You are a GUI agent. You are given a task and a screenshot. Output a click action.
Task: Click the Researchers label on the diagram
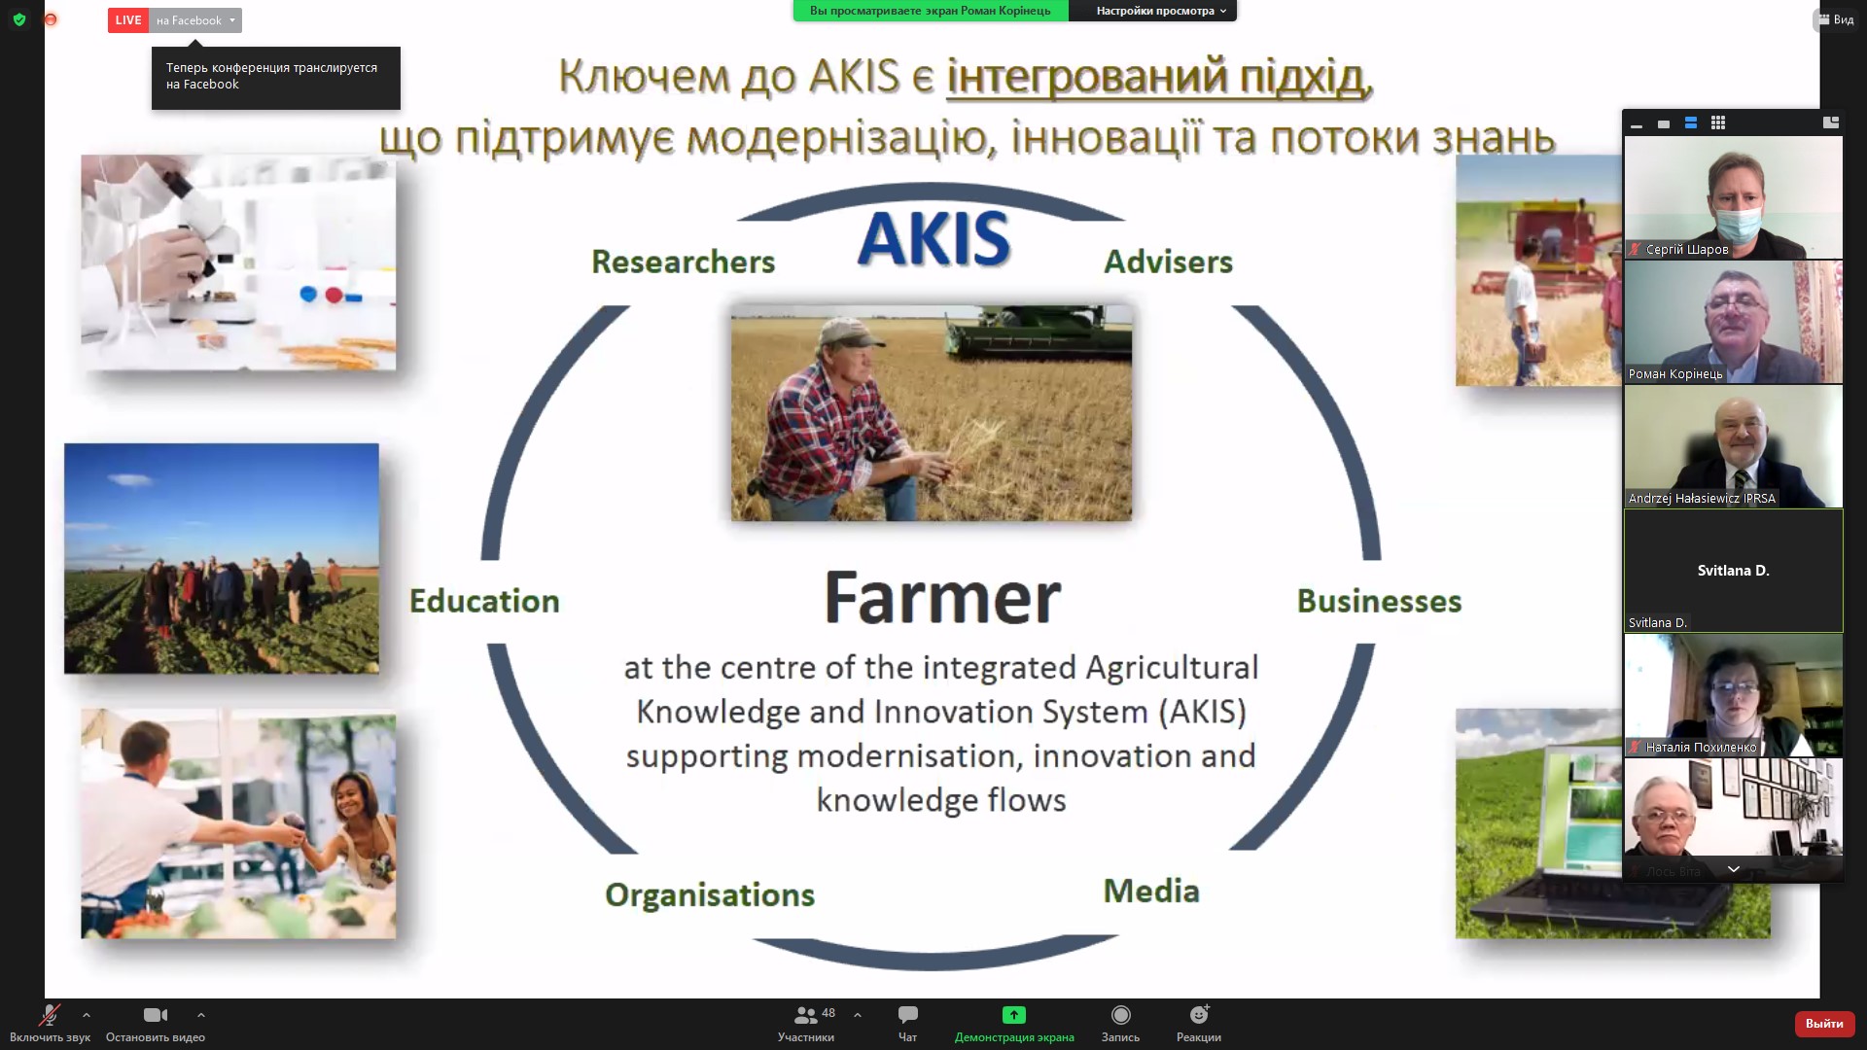coord(683,262)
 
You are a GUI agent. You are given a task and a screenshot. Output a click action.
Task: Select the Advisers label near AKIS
coord(1168,262)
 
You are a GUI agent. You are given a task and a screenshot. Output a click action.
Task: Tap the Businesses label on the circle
coord(1379,601)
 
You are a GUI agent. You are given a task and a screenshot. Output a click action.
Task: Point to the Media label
coord(1151,891)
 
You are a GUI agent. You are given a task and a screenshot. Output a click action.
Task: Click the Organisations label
coord(710,895)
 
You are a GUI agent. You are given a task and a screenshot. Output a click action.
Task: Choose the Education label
coord(484,601)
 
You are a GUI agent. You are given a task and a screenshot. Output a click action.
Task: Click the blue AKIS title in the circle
coord(934,238)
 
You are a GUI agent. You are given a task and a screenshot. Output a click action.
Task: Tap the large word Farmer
coord(942,597)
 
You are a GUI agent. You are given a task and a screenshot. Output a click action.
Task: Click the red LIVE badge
coord(128,20)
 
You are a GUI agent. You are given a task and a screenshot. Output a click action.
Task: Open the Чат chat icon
coord(907,1015)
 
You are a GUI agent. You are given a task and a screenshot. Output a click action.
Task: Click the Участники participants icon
coord(805,1015)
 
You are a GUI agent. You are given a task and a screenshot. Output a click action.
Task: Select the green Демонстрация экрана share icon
coord(1013,1015)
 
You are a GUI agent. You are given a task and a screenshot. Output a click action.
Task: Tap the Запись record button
coord(1120,1015)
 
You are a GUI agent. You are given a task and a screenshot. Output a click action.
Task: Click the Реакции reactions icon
coord(1199,1015)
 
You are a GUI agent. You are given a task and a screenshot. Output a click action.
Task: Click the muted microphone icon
coord(49,1015)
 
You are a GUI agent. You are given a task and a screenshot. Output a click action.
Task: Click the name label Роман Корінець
coord(1675,374)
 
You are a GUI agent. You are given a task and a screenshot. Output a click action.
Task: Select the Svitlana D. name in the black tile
coord(1733,571)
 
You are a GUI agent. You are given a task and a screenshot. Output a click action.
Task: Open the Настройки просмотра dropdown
coord(1161,11)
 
